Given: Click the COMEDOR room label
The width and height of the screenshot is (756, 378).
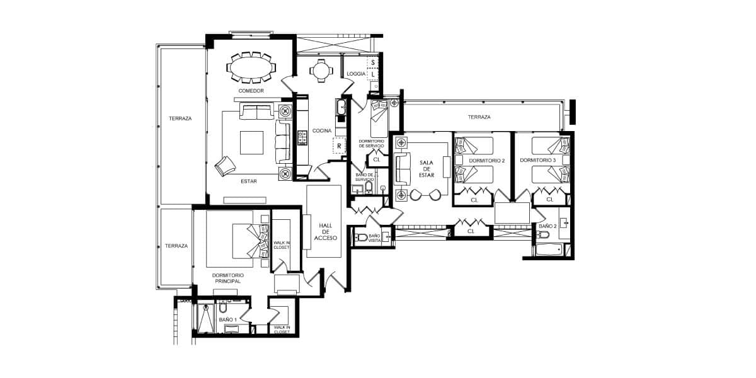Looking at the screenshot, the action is pyautogui.click(x=251, y=91).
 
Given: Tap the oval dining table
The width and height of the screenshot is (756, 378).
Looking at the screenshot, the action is pyautogui.click(x=251, y=67).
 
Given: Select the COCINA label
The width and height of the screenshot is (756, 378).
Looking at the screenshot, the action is pyautogui.click(x=322, y=130).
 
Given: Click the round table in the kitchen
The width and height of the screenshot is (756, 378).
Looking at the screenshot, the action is pyautogui.click(x=321, y=71).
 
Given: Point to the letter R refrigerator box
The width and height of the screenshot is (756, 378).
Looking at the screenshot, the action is pyautogui.click(x=340, y=146).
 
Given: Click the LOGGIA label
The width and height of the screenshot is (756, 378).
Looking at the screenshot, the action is pyautogui.click(x=356, y=74).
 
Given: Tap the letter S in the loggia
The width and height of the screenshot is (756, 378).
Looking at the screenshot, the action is pyautogui.click(x=373, y=62).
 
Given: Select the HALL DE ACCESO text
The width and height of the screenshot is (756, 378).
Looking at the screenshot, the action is pyautogui.click(x=325, y=232).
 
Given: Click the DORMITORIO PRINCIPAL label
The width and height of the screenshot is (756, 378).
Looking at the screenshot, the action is pyautogui.click(x=228, y=278).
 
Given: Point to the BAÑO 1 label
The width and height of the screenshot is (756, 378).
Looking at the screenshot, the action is pyautogui.click(x=228, y=319).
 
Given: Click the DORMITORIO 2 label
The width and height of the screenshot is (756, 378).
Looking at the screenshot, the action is pyautogui.click(x=486, y=161).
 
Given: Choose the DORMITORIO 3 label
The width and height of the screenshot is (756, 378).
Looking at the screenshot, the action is pyautogui.click(x=537, y=160).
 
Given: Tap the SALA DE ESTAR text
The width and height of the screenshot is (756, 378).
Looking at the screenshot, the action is pyautogui.click(x=427, y=169).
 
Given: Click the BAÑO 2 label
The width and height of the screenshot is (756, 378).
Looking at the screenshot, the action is pyautogui.click(x=547, y=226).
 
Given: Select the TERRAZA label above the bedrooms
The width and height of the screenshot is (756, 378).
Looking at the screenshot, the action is pyautogui.click(x=479, y=117).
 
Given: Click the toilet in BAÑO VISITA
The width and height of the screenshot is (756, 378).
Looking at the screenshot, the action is pyautogui.click(x=360, y=238).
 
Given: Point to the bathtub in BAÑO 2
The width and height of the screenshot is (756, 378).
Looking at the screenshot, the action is pyautogui.click(x=549, y=250).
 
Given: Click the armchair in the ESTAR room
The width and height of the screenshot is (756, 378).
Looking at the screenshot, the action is pyautogui.click(x=225, y=166).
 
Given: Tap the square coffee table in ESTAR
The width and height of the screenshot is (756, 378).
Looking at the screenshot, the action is pyautogui.click(x=251, y=142).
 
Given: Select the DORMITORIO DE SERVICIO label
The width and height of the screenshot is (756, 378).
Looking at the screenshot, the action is pyautogui.click(x=371, y=144).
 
